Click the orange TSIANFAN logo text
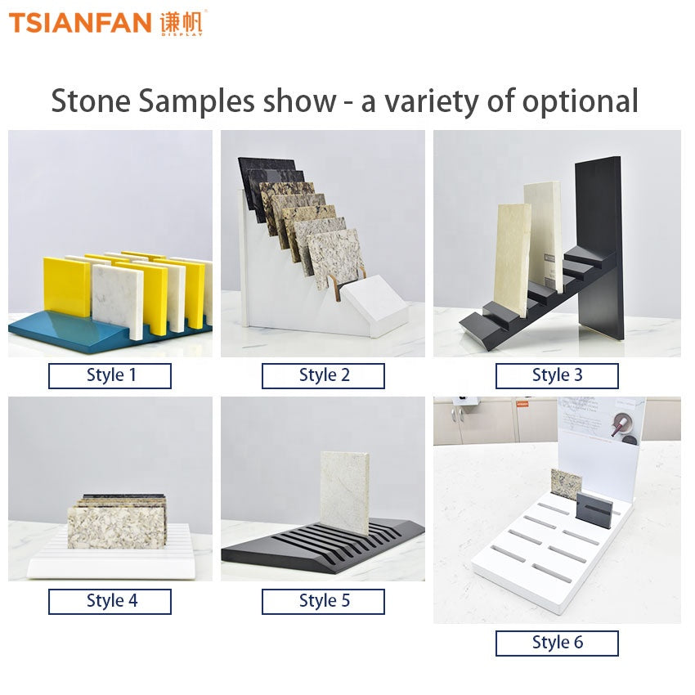(x=80, y=23)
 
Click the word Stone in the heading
(x=91, y=101)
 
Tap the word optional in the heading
(x=581, y=101)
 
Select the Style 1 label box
(x=110, y=376)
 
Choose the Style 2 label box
(x=323, y=376)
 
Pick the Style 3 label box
(x=557, y=376)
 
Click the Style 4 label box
(x=110, y=602)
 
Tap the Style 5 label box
(x=323, y=602)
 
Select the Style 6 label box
(x=557, y=643)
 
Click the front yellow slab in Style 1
(x=66, y=286)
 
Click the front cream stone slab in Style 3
(x=512, y=262)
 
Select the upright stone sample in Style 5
(x=345, y=493)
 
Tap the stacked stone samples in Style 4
(x=117, y=522)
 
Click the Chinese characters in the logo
(x=182, y=23)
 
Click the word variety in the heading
(x=431, y=101)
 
